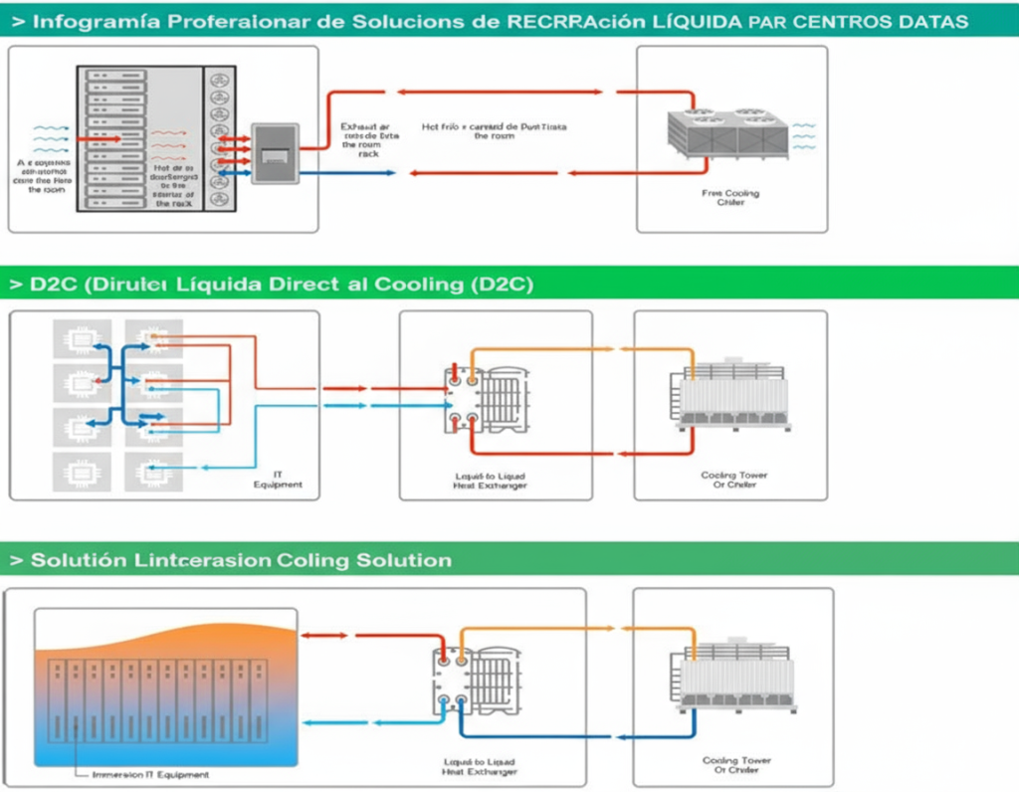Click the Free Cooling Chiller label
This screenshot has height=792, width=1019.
(731, 197)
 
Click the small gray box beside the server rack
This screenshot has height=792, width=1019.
(275, 152)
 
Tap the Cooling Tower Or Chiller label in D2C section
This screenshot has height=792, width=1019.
(733, 480)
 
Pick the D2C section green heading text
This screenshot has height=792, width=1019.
(271, 284)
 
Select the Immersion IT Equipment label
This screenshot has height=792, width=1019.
(149, 774)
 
